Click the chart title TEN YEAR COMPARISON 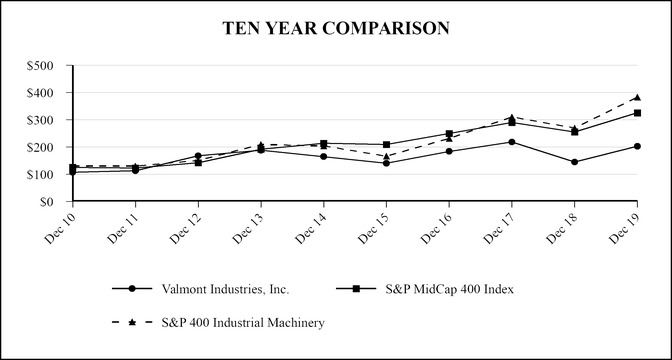coord(336,29)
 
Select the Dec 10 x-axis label coord(61,227)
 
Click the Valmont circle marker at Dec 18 coord(574,162)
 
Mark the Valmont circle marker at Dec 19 coord(637,146)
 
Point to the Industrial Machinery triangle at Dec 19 coord(637,98)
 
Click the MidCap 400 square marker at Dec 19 coord(637,113)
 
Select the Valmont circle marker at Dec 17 coord(512,142)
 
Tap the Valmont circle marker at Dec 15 coord(386,163)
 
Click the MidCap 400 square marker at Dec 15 coord(386,145)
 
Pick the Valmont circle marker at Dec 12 coord(198,156)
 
